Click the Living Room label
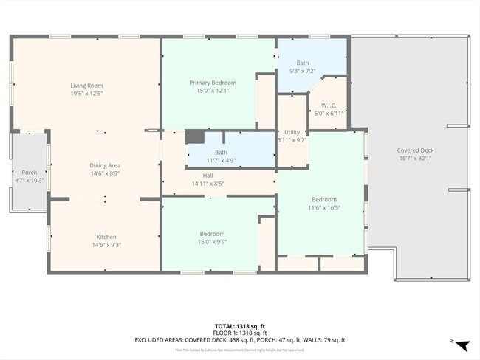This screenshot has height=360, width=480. (x=86, y=86)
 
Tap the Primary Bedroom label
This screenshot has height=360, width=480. (x=212, y=83)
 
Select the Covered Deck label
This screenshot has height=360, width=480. (x=415, y=150)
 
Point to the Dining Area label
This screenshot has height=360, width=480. (x=105, y=165)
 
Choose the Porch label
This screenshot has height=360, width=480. (x=30, y=173)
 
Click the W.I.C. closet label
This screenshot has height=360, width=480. (x=329, y=105)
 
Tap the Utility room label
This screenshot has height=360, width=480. (x=292, y=132)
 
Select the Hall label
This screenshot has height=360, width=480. (x=208, y=176)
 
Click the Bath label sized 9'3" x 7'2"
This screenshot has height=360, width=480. (x=303, y=63)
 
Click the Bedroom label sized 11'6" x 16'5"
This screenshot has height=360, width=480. (x=323, y=199)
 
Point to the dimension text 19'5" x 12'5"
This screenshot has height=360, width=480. (x=86, y=94)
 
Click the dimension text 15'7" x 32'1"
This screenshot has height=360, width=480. (x=415, y=159)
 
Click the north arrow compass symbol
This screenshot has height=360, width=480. (x=461, y=345)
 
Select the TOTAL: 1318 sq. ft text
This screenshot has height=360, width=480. (x=239, y=325)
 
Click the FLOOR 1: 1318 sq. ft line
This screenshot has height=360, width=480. (x=239, y=333)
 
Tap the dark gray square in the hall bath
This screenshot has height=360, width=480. (x=194, y=136)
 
